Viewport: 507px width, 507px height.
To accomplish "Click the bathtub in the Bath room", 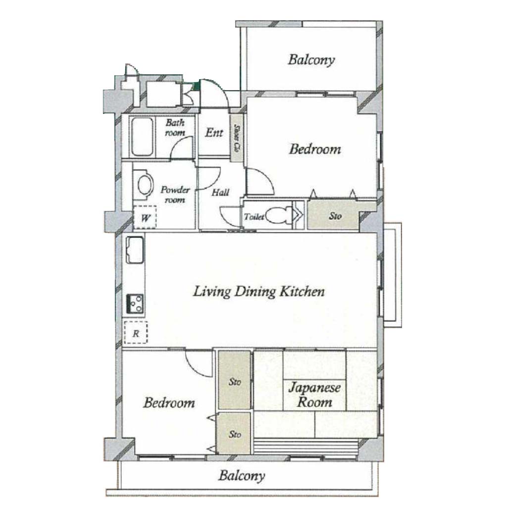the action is click(x=142, y=137).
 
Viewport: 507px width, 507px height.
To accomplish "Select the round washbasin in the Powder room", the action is click(x=145, y=185).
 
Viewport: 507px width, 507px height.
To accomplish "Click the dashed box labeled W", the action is click(x=145, y=217).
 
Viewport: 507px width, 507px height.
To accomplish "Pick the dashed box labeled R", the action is click(x=136, y=332).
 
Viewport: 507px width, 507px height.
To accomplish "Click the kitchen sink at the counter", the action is click(x=135, y=250).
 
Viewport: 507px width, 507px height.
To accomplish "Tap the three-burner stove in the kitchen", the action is click(x=135, y=304).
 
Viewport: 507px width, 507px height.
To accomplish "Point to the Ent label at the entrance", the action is click(x=214, y=132).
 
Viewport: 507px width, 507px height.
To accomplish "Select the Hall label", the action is click(x=220, y=193).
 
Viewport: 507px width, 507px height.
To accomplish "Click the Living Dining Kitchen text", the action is click(x=258, y=291).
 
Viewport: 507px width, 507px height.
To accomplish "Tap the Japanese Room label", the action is click(x=314, y=395).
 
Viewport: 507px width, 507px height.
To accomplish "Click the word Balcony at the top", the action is click(x=311, y=60).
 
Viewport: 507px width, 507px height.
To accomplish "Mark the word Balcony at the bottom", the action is click(x=242, y=476).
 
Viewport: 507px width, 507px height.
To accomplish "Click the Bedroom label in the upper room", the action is click(x=315, y=149).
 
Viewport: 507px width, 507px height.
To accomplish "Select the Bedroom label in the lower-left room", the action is click(x=169, y=403).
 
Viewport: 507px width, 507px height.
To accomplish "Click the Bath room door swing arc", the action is click(x=181, y=147).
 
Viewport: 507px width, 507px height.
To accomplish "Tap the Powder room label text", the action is click(x=175, y=195).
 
